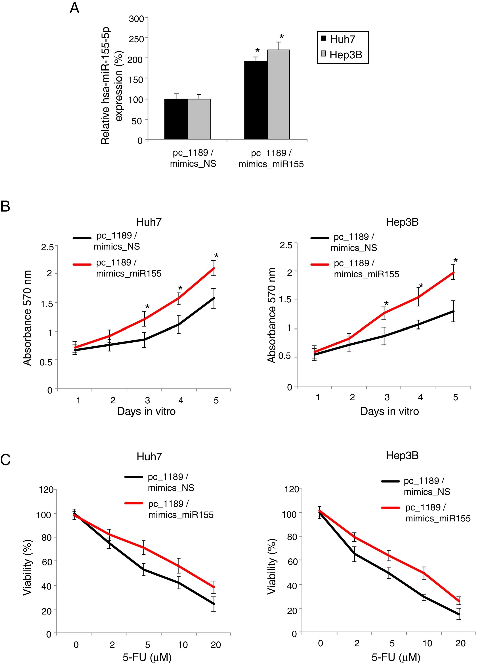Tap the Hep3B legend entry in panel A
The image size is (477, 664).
(345, 55)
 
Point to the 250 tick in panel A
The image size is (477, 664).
(136, 39)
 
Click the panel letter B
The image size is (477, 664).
(6, 206)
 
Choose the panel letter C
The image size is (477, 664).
(6, 460)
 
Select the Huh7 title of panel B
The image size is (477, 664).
(149, 222)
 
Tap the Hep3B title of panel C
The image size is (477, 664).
(402, 455)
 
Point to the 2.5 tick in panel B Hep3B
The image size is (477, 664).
(286, 245)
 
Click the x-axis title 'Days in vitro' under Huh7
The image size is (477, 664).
(146, 411)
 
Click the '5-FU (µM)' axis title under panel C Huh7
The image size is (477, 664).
(147, 658)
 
